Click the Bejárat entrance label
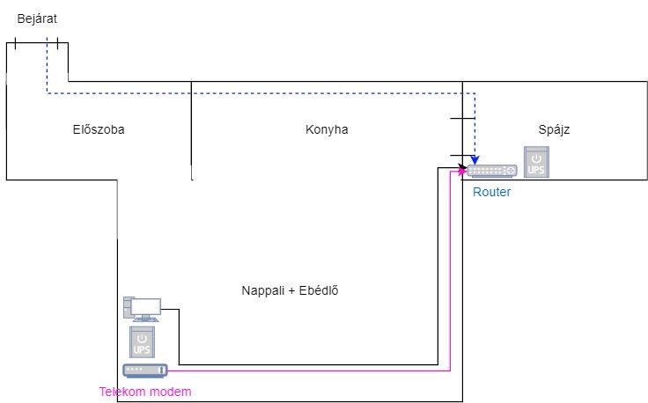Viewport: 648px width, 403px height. (x=38, y=18)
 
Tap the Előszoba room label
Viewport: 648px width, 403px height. (x=98, y=129)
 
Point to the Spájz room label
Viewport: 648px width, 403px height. (x=556, y=129)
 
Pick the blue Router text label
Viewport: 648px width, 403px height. (x=491, y=192)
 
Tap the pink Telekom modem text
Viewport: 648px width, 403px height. (x=144, y=391)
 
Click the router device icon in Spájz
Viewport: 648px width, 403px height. (x=492, y=171)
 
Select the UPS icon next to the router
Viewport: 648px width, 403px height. (x=535, y=162)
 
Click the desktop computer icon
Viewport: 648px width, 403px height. (x=142, y=309)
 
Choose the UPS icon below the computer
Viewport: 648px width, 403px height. (x=143, y=342)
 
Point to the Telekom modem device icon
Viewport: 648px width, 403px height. (x=144, y=370)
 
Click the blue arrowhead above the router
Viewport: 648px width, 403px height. (x=475, y=161)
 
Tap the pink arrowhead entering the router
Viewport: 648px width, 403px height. (x=463, y=172)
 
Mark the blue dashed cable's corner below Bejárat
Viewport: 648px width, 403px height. (x=47, y=92)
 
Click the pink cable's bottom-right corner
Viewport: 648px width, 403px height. (x=450, y=370)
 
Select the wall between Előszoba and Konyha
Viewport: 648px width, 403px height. (x=191, y=130)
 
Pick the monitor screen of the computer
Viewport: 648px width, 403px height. (x=146, y=306)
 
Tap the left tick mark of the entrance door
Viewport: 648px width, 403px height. (x=15, y=42)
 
